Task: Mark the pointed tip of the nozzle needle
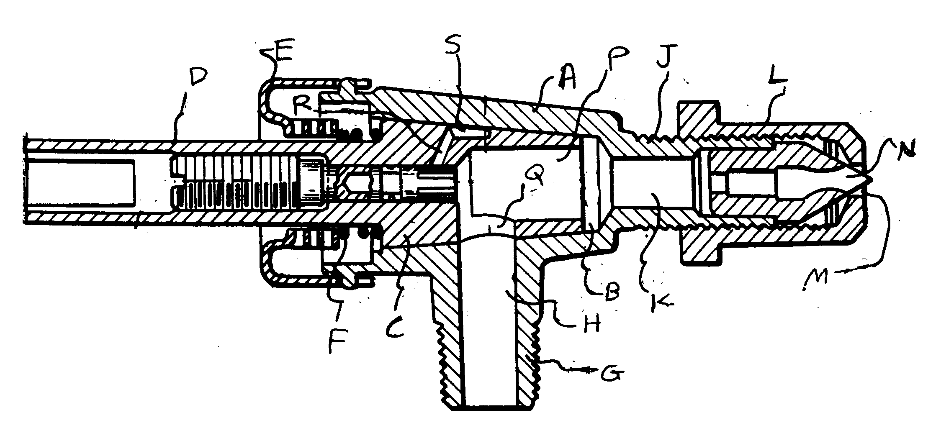coord(872,179)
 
